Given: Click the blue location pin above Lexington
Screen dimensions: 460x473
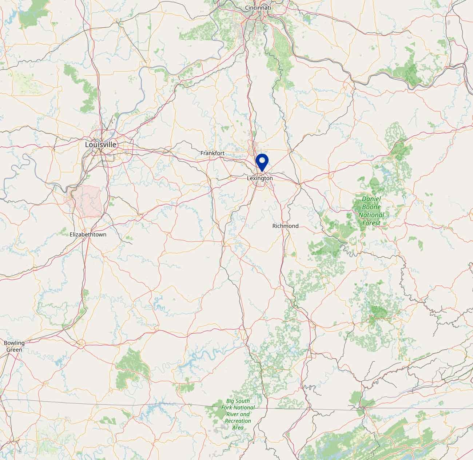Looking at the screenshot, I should [x=262, y=162].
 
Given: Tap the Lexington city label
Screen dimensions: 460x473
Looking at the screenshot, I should [x=259, y=178].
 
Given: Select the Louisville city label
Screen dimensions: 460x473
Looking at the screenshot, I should [x=101, y=144].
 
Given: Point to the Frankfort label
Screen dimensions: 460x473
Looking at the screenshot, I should [x=212, y=154].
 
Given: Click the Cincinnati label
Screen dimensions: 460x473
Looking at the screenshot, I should [x=258, y=8].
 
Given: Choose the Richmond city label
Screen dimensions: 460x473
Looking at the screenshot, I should [x=285, y=226].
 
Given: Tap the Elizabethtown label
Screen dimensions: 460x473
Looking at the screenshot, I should [x=88, y=235].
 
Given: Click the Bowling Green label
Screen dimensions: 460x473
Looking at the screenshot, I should [x=14, y=346].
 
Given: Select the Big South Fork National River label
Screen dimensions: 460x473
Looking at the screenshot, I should [x=238, y=414].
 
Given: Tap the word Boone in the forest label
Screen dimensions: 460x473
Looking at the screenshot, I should [x=371, y=207].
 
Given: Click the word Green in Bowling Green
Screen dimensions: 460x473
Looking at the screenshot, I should [x=14, y=350].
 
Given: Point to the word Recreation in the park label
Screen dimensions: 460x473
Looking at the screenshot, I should [x=238, y=421].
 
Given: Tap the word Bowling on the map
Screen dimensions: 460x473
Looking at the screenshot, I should [x=14, y=343].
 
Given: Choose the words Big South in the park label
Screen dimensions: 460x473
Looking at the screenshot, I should [x=238, y=401].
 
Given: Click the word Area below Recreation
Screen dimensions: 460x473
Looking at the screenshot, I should [x=238, y=428].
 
